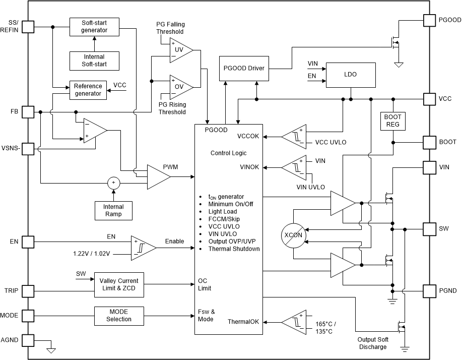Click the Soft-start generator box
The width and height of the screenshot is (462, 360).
tap(94, 27)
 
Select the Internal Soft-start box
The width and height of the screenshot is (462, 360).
tap(94, 61)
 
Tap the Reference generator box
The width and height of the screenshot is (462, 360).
tap(88, 90)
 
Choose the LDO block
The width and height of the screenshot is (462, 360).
tap(350, 74)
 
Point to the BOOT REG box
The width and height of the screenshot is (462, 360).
tap(392, 121)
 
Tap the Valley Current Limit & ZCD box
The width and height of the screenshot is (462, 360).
tap(118, 285)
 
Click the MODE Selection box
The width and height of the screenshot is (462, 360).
tap(118, 316)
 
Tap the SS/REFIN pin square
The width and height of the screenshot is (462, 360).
tap(28, 27)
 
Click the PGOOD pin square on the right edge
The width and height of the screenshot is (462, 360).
tap(429, 20)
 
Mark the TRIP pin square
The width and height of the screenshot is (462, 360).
tap(28, 291)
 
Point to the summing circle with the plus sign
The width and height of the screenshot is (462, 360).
tap(113, 183)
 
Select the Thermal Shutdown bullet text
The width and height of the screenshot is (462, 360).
tap(234, 249)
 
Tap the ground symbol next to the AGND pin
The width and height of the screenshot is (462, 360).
tap(50, 349)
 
